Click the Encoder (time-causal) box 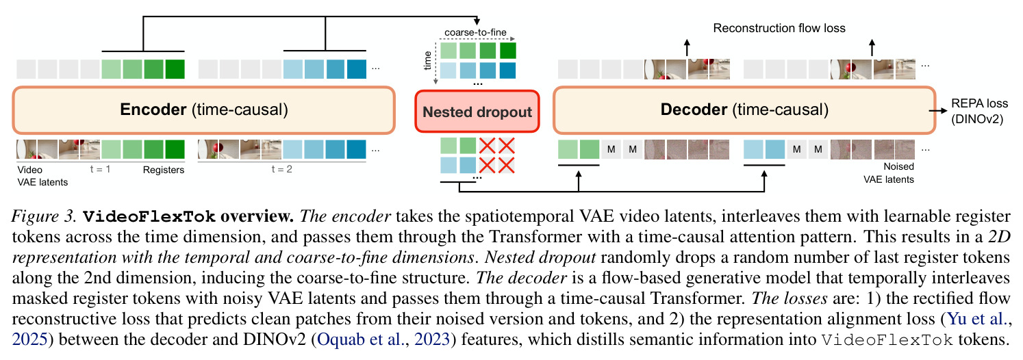[203, 110]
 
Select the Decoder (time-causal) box [744, 110]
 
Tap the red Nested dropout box [477, 112]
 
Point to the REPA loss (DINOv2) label [979, 112]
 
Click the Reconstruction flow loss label [779, 28]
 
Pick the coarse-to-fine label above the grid [475, 32]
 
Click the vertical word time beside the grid [427, 61]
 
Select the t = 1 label [100, 169]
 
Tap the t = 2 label [282, 169]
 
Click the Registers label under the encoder [164, 170]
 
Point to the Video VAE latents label [42, 176]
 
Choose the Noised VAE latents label [889, 173]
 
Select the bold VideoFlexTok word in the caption [149, 216]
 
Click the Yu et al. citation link [978, 318]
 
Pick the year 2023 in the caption [432, 339]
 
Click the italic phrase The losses [790, 298]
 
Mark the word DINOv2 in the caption [274, 339]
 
